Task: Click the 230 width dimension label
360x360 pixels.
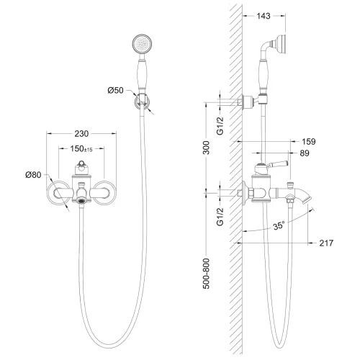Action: point(81,134)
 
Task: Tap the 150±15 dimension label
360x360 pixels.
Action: point(81,149)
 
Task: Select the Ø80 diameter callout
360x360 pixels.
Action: point(33,175)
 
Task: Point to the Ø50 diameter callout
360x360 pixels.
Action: point(115,90)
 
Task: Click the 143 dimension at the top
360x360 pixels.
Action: point(264,16)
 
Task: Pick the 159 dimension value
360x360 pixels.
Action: point(309,142)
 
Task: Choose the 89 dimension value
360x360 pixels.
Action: point(305,153)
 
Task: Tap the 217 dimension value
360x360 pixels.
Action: point(326,243)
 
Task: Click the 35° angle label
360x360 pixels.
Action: point(279,225)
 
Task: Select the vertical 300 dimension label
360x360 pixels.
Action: point(206,148)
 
